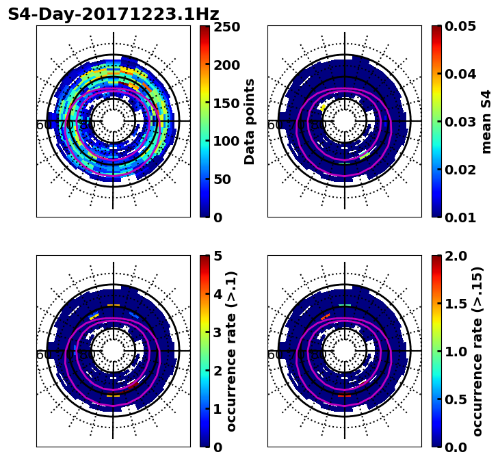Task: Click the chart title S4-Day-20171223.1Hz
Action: (114, 14)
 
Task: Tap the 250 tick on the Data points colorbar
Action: (225, 27)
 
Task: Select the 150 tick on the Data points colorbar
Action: (225, 103)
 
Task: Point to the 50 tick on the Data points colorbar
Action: (225, 179)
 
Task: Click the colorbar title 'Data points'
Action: (250, 122)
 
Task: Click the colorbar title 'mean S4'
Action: (486, 122)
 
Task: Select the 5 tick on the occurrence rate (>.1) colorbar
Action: (218, 256)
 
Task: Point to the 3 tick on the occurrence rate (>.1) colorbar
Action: (218, 332)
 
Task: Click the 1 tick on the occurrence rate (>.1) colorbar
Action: (218, 409)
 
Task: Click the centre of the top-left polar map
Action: (114, 121)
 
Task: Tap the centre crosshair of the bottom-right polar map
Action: (345, 351)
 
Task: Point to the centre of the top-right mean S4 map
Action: (345, 121)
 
